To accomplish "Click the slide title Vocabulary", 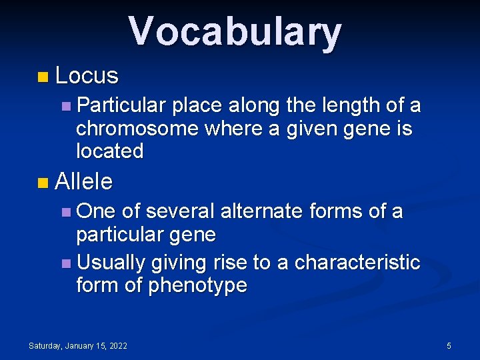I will [x=235, y=32].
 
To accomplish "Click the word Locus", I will [x=87, y=76].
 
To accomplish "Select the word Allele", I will [x=85, y=181].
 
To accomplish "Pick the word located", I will [x=110, y=151].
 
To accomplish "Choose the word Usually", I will [x=111, y=263].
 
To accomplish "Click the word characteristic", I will [x=357, y=263].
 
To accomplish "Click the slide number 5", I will [x=449, y=345].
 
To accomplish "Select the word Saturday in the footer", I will [x=44, y=345].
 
